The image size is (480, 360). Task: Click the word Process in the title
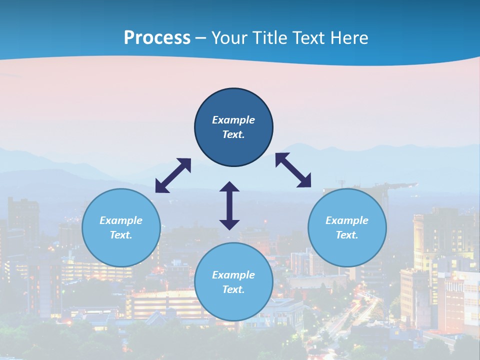coord(157,38)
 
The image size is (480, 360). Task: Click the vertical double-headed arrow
coord(229,205)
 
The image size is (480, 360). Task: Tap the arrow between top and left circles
coord(173,175)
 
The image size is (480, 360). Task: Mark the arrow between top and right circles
coord(293,170)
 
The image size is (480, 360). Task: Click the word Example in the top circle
coord(233,120)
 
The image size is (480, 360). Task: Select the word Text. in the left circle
coord(121,235)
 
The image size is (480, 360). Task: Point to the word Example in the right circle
coord(347,220)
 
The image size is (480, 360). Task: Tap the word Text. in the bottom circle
coord(233,289)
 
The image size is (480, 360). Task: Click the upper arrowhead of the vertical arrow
coord(229,187)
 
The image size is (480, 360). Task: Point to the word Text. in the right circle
coord(347,235)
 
